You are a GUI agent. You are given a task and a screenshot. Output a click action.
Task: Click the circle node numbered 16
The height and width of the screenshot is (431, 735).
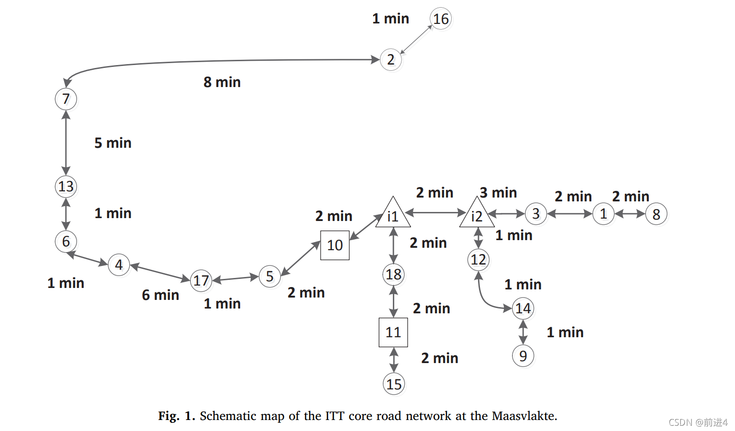(441, 19)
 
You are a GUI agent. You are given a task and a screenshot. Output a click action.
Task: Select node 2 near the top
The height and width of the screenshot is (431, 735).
(391, 60)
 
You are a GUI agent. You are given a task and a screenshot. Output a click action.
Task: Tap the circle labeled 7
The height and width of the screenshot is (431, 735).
(66, 99)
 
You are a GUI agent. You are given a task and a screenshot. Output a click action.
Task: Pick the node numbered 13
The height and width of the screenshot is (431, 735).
(66, 186)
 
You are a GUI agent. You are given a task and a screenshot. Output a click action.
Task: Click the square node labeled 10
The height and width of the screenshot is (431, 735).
(335, 245)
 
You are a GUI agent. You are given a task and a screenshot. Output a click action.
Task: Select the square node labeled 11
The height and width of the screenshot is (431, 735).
(393, 332)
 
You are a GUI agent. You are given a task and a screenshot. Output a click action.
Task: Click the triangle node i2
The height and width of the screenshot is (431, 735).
(477, 216)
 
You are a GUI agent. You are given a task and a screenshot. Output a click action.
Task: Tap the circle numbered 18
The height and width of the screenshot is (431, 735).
(393, 274)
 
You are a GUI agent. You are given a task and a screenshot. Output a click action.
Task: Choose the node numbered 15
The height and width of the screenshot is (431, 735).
(394, 384)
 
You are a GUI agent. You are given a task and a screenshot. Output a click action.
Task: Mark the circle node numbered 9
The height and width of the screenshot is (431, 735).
(523, 356)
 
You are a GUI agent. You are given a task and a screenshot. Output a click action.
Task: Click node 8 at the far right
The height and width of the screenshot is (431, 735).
(656, 214)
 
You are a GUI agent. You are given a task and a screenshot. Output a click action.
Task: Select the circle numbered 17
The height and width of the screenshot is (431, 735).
(201, 280)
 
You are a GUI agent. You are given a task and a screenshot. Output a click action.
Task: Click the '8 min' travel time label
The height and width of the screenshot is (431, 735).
(222, 82)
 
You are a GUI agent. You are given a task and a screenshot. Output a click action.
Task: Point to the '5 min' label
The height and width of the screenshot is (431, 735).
(113, 143)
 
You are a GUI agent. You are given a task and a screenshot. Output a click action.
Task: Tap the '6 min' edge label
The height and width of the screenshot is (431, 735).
(160, 295)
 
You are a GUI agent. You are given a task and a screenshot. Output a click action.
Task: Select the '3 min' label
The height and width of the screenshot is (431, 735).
(498, 193)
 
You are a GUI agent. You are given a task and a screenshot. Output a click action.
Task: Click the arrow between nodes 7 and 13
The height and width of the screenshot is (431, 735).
(66, 143)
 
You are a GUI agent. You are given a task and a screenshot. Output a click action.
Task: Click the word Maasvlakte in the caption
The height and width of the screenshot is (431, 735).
(523, 416)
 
